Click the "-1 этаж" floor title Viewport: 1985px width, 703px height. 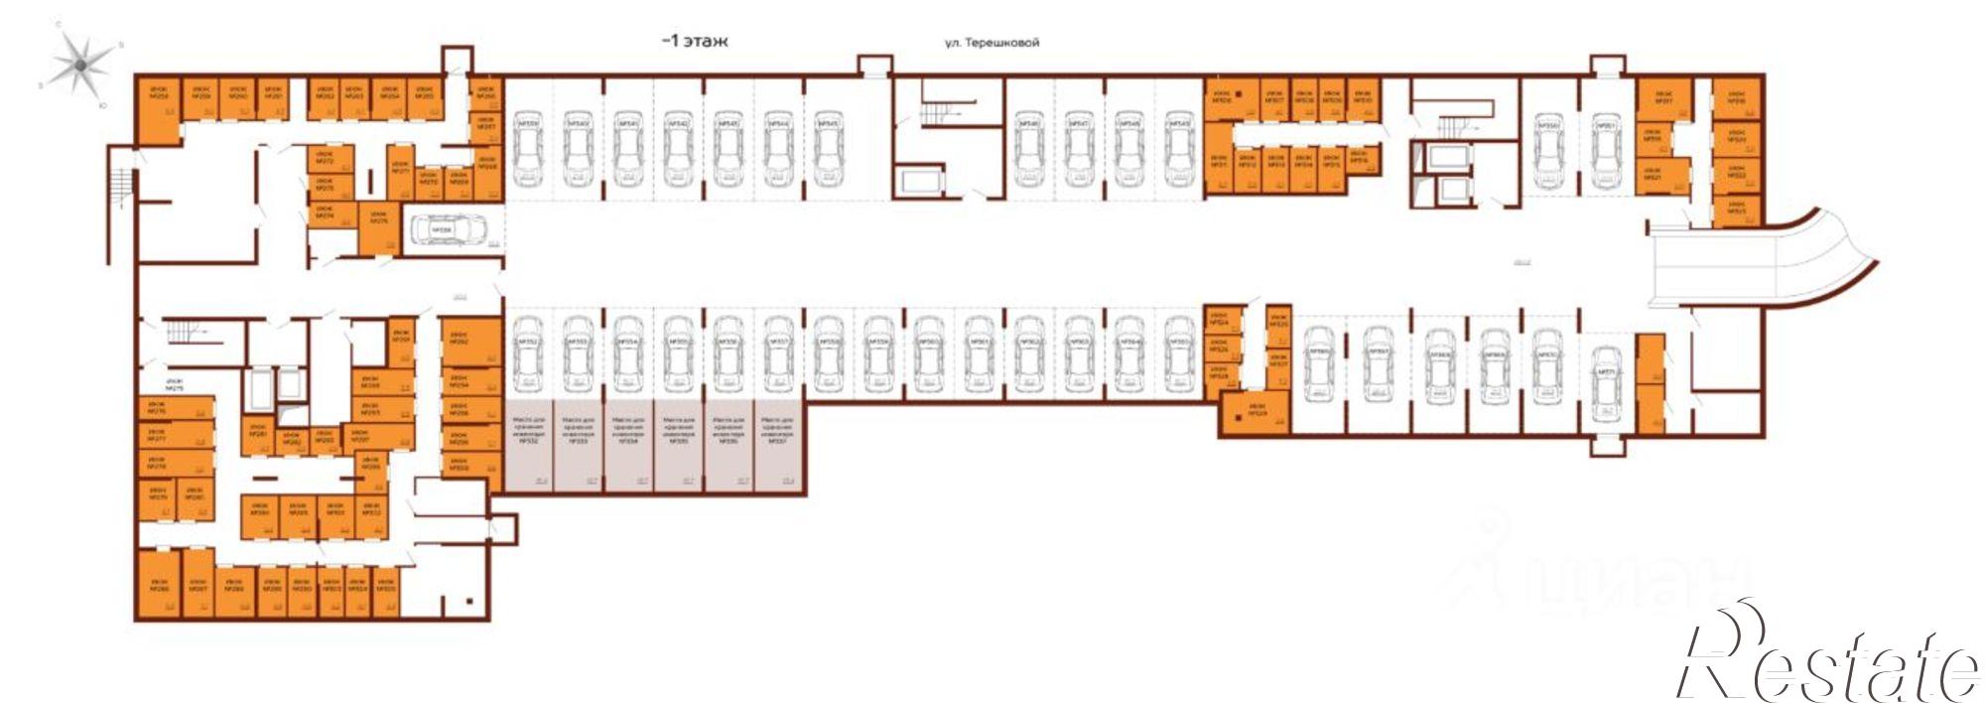pyautogui.click(x=694, y=42)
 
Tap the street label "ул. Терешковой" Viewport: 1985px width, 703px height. pyautogui.click(x=991, y=43)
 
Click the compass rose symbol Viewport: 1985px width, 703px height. pyautogui.click(x=80, y=66)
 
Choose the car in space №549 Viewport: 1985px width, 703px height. pyautogui.click(x=1179, y=149)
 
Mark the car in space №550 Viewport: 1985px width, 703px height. pyautogui.click(x=1548, y=149)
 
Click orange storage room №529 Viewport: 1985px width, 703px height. pyautogui.click(x=1255, y=412)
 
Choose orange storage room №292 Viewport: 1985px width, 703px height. pyautogui.click(x=460, y=343)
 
